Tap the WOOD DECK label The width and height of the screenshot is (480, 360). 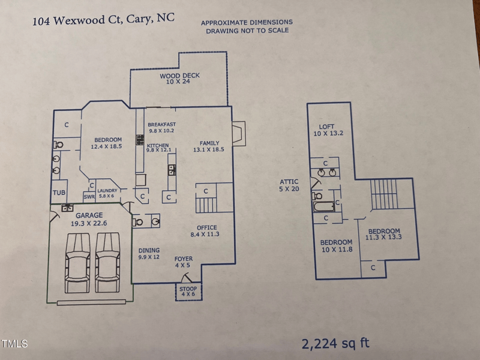[x=179, y=76]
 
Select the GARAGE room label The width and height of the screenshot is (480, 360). [x=89, y=215]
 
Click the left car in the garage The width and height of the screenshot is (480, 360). [x=78, y=263]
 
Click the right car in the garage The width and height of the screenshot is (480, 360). [x=107, y=262]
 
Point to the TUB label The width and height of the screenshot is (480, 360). [x=59, y=193]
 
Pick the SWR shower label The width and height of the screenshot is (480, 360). [x=89, y=197]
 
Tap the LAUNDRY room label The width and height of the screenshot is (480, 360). [x=107, y=190]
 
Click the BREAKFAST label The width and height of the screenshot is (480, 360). [x=161, y=124]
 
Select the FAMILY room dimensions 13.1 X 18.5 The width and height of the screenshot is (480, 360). [x=208, y=149]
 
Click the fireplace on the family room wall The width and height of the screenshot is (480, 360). [x=239, y=134]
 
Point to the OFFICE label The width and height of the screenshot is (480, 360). [x=206, y=227]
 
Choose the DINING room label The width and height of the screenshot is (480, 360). [x=149, y=250]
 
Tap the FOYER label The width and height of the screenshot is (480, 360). [x=184, y=259]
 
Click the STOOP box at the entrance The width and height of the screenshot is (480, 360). [x=188, y=292]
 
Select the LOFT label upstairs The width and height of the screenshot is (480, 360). [x=326, y=127]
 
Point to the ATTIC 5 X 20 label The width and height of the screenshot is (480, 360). [x=289, y=185]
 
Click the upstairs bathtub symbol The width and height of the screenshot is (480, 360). [x=323, y=206]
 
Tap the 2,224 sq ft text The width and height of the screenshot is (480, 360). [x=335, y=343]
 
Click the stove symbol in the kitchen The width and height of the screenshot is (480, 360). [x=140, y=140]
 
